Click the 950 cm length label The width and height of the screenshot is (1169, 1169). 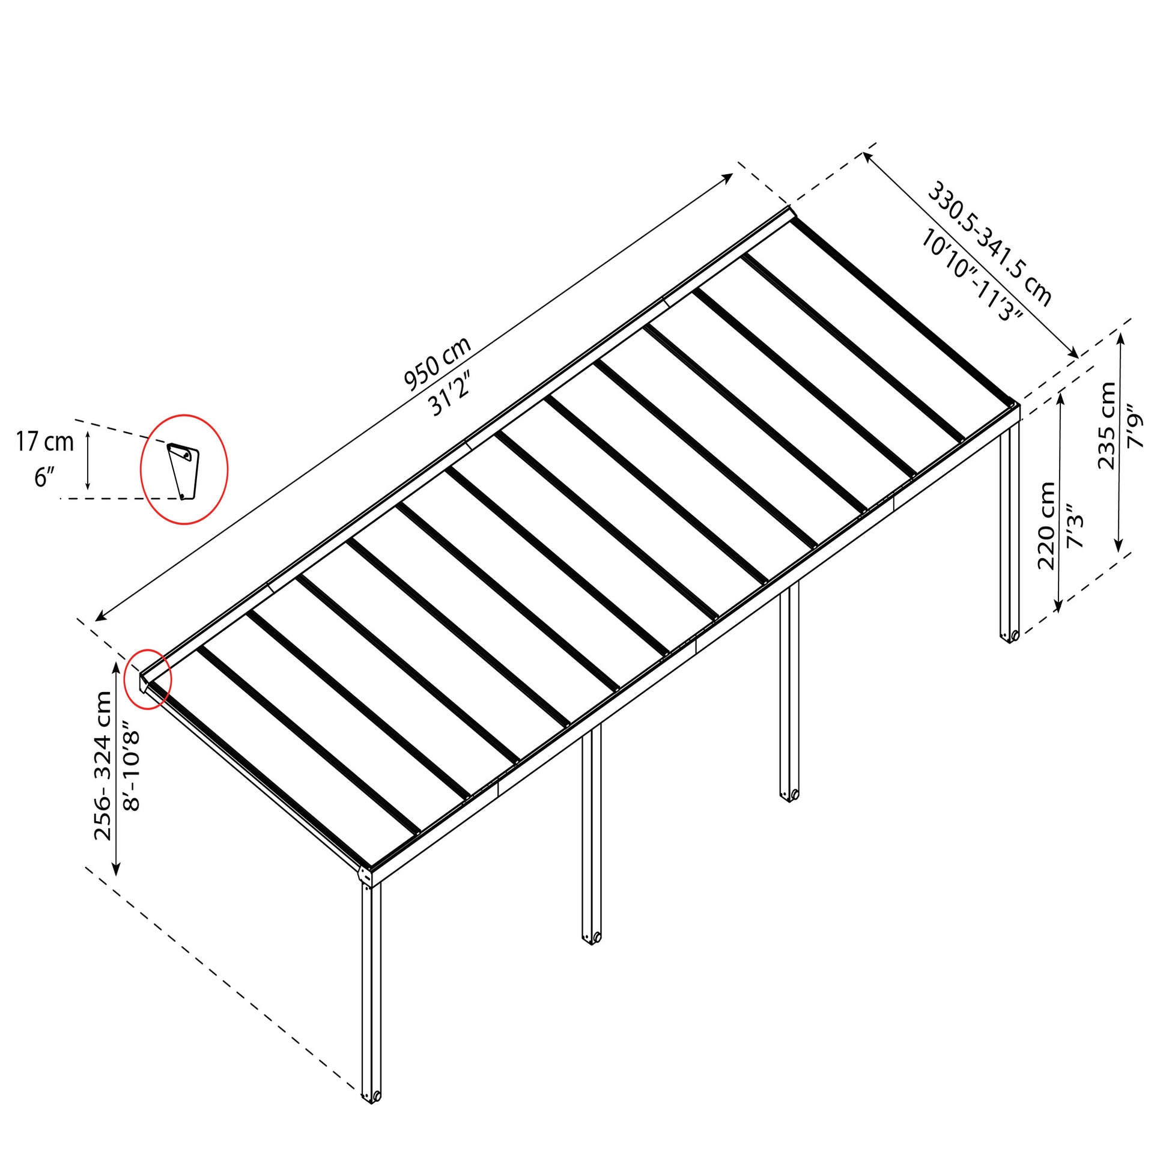point(437,362)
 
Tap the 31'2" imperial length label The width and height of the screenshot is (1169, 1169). point(451,394)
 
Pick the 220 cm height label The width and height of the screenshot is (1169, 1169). point(1046,525)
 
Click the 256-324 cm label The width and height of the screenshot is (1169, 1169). point(103,765)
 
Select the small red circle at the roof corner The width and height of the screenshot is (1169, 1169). point(148,678)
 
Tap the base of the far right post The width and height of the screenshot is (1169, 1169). point(1009,636)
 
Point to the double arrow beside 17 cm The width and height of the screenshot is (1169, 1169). point(88,461)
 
